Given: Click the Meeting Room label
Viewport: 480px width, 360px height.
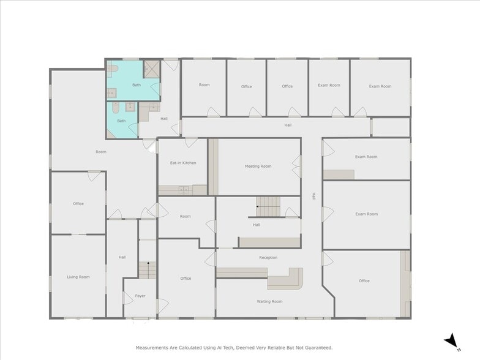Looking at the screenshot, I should pos(258,166).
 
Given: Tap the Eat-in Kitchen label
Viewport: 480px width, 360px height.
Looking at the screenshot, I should pos(182,163).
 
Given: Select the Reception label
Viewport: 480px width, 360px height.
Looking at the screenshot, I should pos(268,258).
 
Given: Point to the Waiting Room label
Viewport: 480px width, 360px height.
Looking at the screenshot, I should pos(269,301).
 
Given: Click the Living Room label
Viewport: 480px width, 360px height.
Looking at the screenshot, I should pos(78,277).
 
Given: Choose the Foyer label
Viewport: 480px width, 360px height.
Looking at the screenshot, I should pos(140,296).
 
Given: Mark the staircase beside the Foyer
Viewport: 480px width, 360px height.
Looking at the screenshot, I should pos(147,269).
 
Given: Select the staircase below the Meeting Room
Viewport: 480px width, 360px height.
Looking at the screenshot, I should pos(268,206).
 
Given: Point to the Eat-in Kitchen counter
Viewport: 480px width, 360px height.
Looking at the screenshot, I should pos(182,190).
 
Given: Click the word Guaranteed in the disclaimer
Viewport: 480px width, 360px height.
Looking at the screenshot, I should pos(318,347).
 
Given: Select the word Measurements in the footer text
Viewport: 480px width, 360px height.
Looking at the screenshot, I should pos(152,347).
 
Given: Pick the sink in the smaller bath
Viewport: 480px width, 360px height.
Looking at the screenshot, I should pos(130,107).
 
